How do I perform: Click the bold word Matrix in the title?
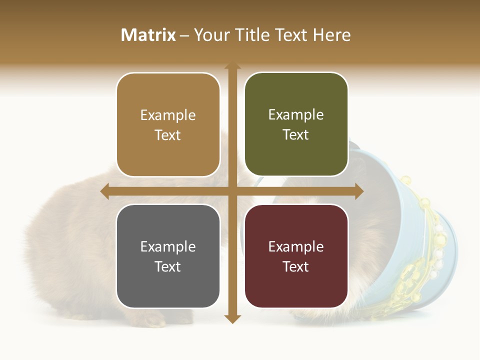point(148,35)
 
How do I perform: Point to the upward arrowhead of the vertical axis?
point(232,66)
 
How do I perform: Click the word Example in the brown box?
point(168,115)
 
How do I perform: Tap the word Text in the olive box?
point(296,135)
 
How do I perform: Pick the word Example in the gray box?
point(168,246)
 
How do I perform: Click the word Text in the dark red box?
point(296,266)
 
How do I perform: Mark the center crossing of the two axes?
point(232,191)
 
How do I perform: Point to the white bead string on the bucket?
point(439,245)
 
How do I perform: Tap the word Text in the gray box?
point(168,266)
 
